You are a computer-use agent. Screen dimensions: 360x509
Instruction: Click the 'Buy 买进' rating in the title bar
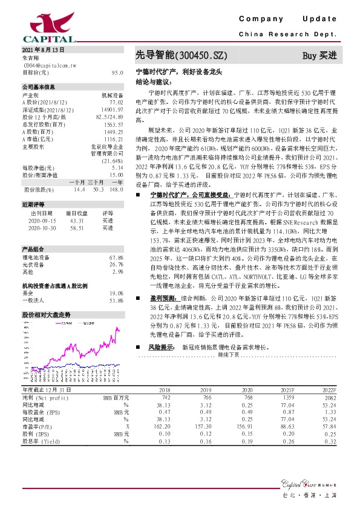coord(319,56)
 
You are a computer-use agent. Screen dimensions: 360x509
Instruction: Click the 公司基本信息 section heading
coord(38,87)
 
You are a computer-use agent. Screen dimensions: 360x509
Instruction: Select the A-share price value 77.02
coord(116,103)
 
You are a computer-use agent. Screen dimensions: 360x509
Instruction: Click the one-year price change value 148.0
coord(117,189)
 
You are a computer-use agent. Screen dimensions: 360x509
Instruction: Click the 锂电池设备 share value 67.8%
coord(116,258)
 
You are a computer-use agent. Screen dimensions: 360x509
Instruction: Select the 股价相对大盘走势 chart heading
coord(47,316)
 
